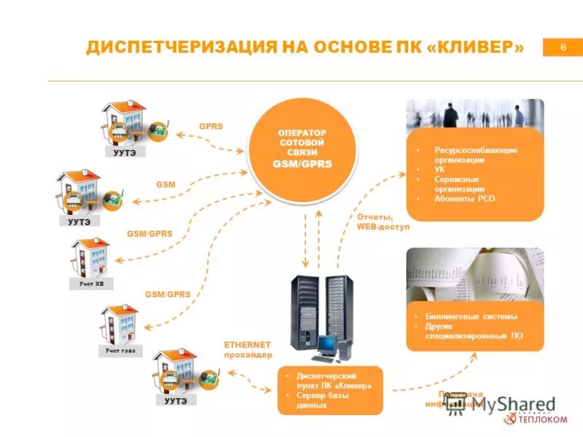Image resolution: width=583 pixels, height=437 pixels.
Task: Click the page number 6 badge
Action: coord(563,47)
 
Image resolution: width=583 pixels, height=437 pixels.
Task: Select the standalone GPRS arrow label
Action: coord(211,126)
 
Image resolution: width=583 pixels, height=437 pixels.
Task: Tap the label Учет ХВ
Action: coord(92,283)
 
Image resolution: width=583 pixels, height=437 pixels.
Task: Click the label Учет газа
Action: coord(120,351)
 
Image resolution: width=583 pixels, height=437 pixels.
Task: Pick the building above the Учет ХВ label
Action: coord(90,255)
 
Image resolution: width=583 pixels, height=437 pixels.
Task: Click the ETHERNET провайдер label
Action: coord(247,349)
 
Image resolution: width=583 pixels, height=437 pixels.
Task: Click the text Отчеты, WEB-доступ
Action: coord(383,221)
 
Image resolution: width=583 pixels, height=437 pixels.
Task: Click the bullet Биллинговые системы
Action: coord(472,317)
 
